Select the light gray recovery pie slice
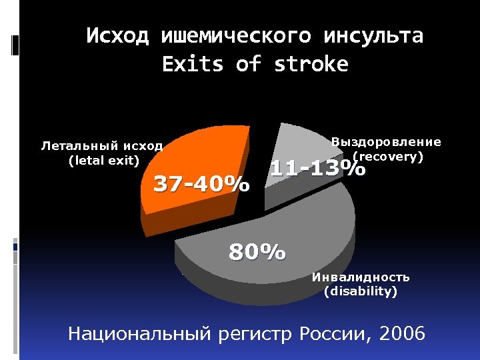click(300, 143)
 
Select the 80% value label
click(257, 253)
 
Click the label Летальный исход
click(102, 145)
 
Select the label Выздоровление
click(386, 141)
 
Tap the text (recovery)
click(389, 157)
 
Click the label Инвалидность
click(361, 277)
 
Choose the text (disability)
click(360, 291)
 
